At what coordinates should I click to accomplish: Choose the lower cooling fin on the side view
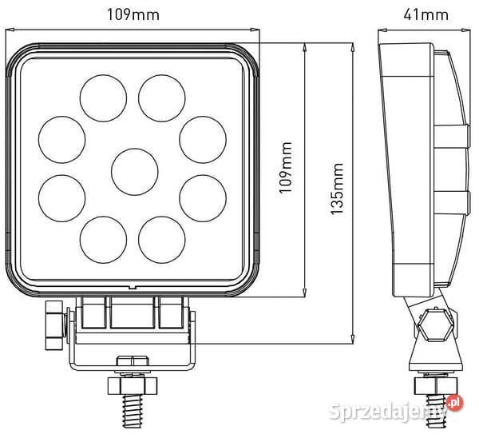(449, 200)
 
